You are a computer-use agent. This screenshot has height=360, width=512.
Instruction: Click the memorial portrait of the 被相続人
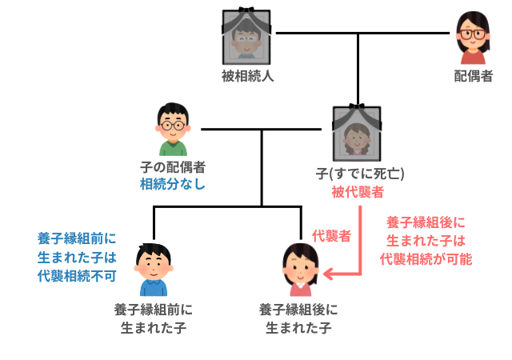pos(247,37)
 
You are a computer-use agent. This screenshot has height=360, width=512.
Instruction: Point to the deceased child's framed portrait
pos(358,133)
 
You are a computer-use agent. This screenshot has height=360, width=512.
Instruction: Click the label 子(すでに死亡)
pos(359,173)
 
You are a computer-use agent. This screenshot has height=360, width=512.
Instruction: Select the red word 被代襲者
pos(358,192)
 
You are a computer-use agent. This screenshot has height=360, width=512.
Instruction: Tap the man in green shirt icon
pos(173,130)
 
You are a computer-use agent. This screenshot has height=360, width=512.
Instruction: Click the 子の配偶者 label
pos(173,167)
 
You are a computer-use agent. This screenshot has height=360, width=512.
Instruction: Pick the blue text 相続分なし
pos(173,185)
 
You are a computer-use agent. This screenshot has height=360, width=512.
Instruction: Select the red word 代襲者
pos(331,235)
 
